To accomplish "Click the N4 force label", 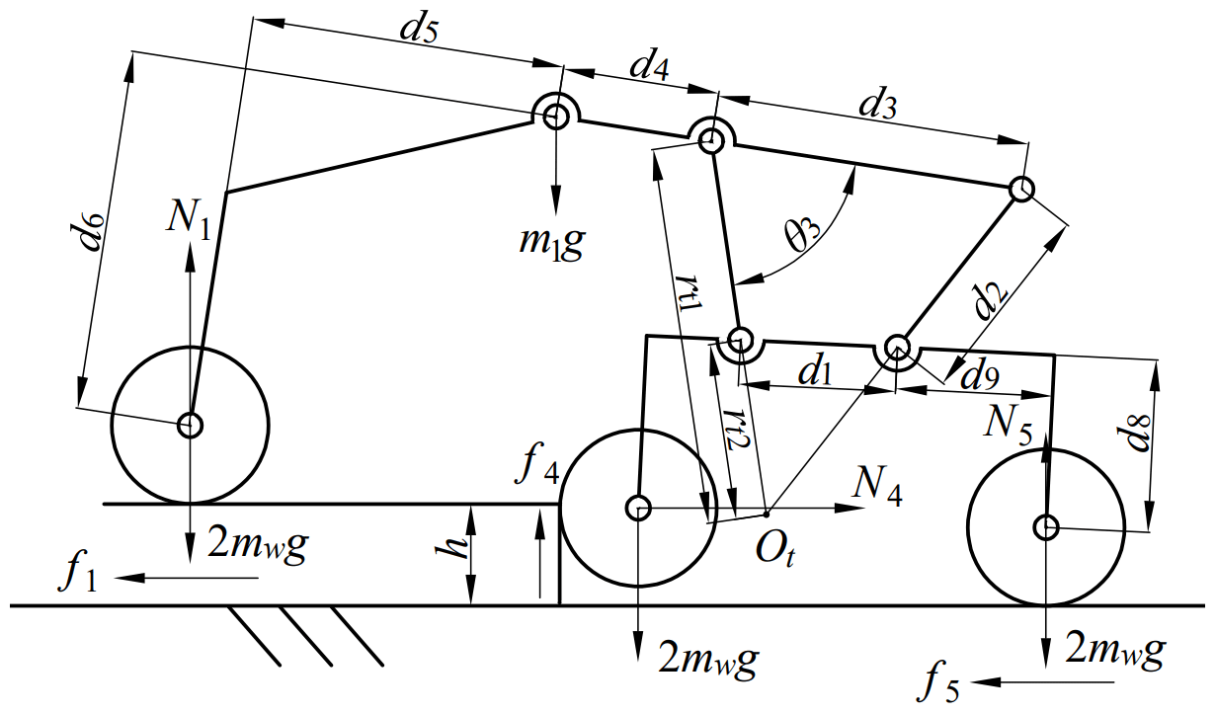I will click(x=877, y=485).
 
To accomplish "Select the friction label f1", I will click(x=79, y=575).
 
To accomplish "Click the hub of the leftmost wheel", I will click(x=190, y=426).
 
